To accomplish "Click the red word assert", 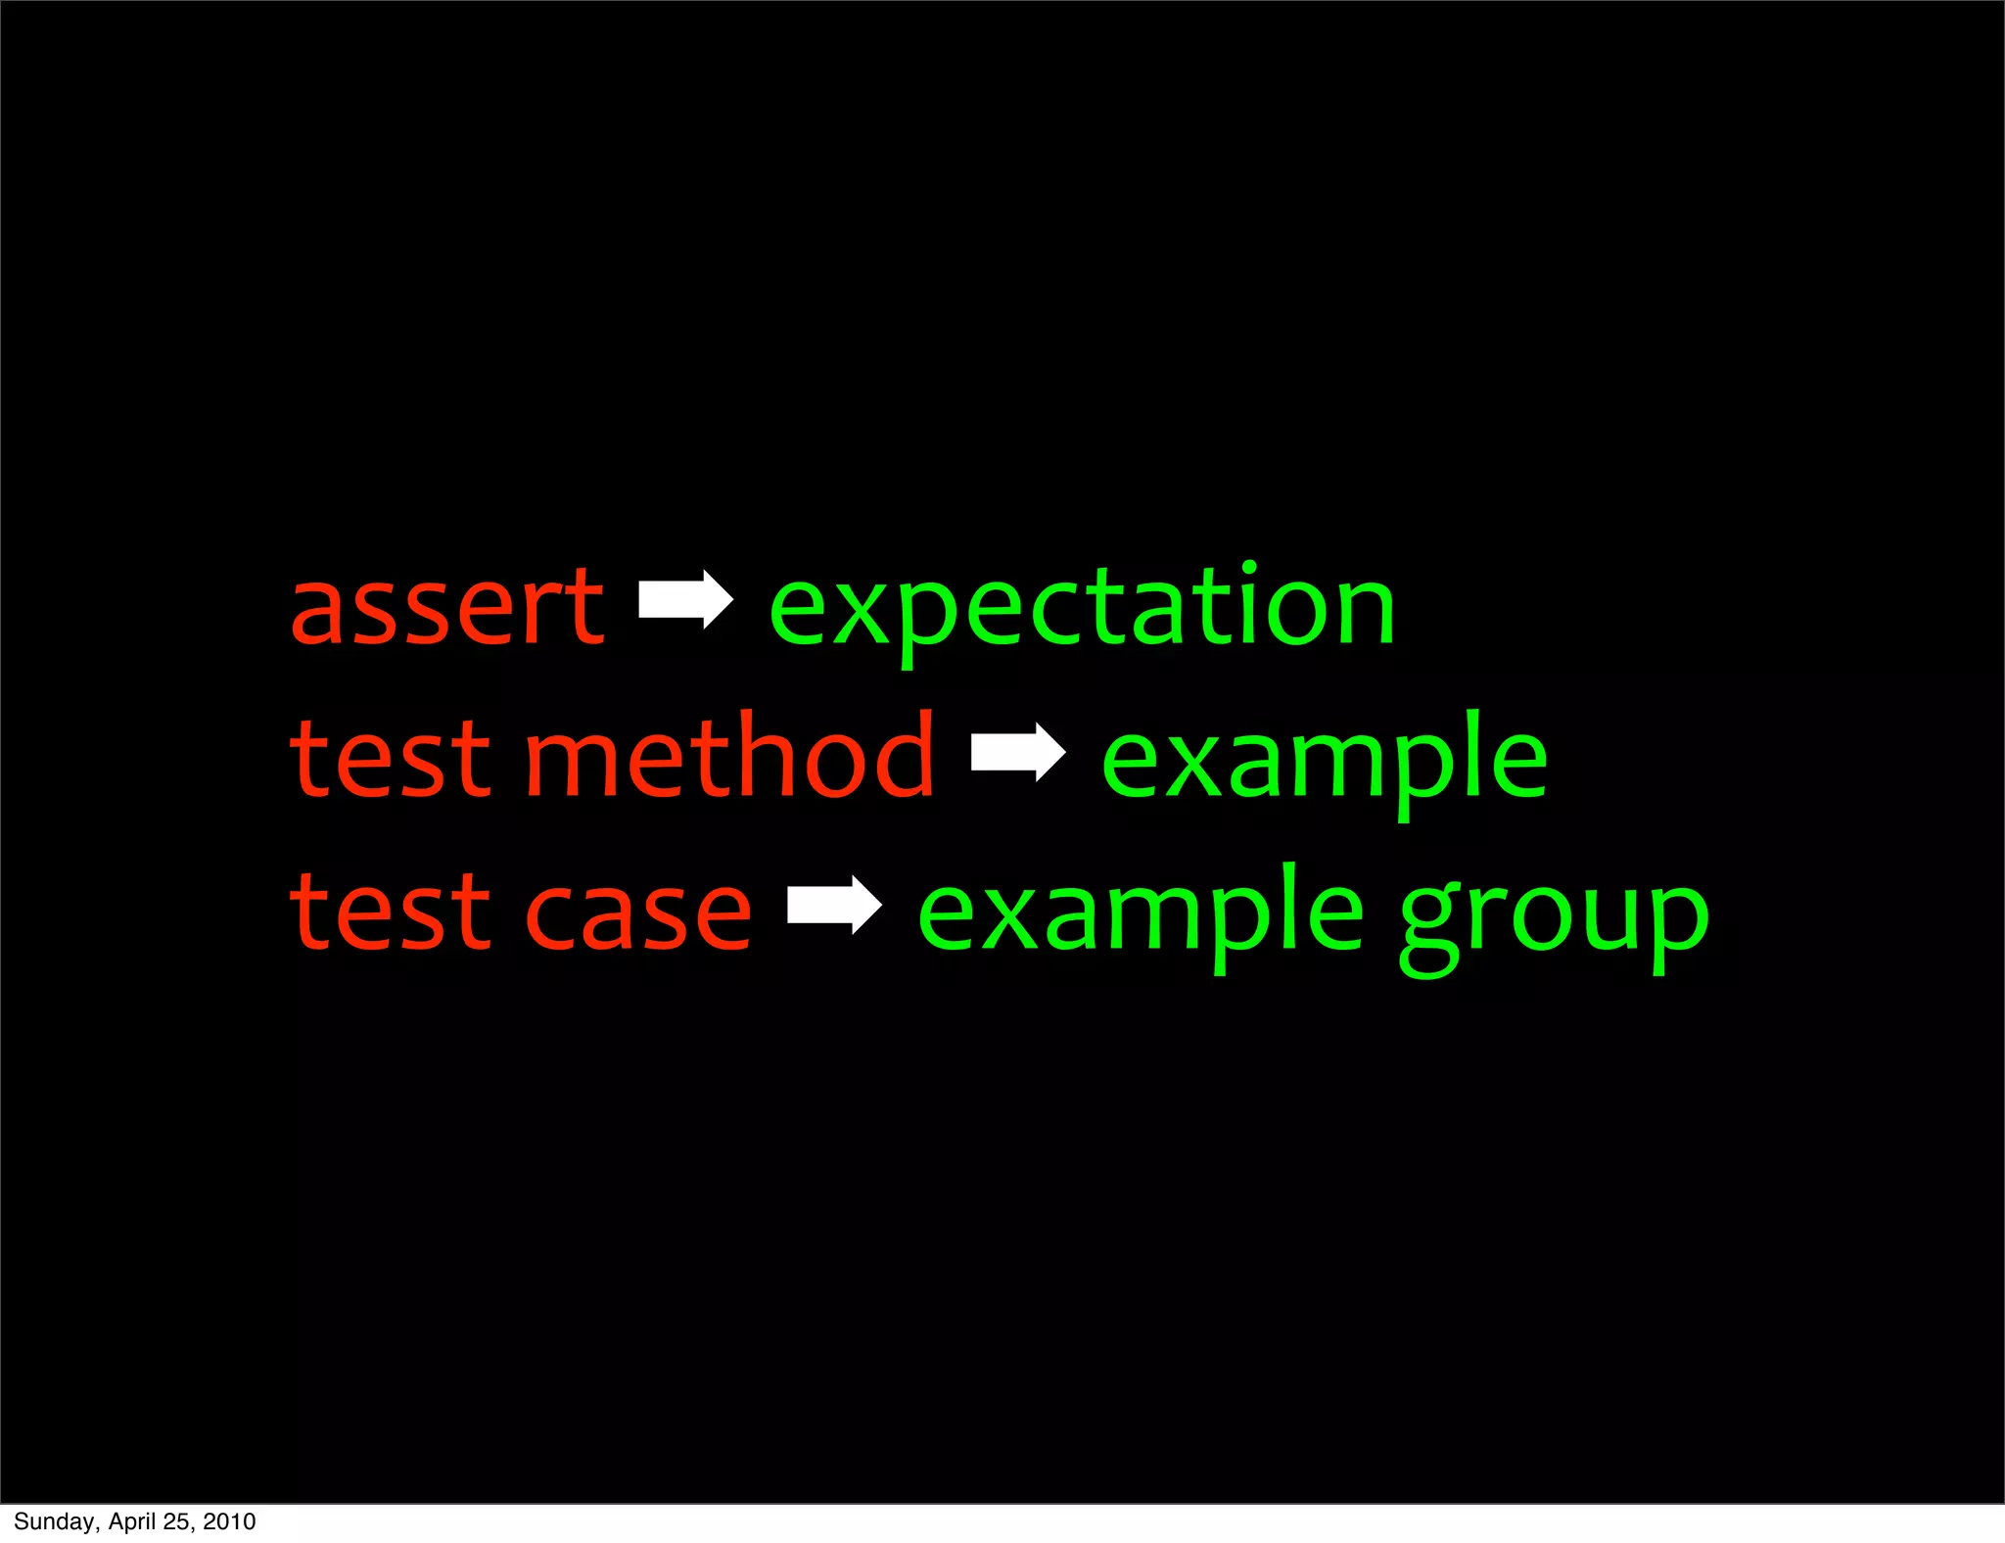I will (447, 609).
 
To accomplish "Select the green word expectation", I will (1082, 609).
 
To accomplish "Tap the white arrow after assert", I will (685, 598).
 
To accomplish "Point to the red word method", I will (730, 756).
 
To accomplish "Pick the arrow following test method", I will (1018, 752).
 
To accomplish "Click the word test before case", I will (390, 913).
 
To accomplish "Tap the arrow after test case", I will (834, 905).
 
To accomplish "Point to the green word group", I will (1554, 920).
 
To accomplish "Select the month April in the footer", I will (132, 1521).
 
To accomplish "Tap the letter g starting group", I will (1431, 925).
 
